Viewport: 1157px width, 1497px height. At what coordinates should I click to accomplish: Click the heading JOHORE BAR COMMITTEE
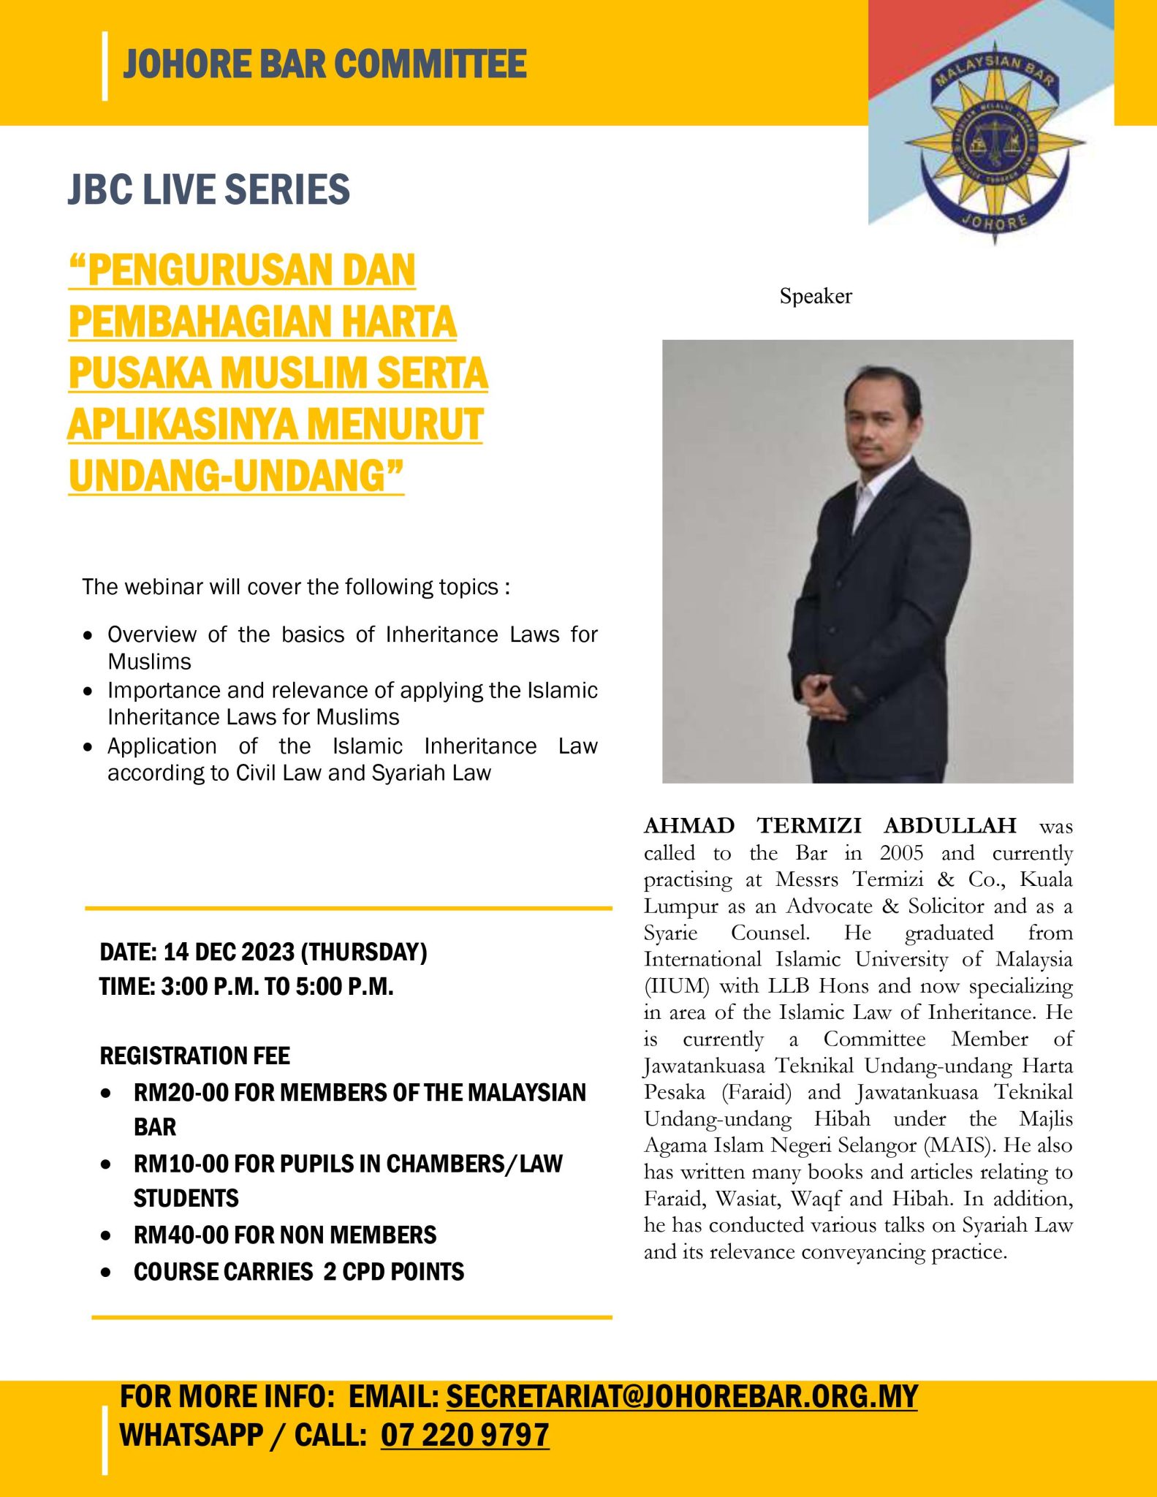[x=325, y=64]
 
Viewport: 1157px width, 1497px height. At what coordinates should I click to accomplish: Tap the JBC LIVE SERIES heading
[x=209, y=189]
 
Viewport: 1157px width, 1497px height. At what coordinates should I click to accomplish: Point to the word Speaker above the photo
[x=816, y=296]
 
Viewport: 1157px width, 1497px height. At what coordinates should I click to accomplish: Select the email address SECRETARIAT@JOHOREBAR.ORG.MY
[x=681, y=1397]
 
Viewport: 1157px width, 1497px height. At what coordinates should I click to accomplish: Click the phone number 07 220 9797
[x=465, y=1435]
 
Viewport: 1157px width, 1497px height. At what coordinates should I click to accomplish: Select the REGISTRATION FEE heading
[x=194, y=1056]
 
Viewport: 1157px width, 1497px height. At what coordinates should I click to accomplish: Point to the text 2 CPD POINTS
[x=393, y=1271]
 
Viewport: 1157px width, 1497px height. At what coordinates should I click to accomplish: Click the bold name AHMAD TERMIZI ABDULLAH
[x=830, y=825]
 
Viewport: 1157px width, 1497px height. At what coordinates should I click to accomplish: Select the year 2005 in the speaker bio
[x=901, y=853]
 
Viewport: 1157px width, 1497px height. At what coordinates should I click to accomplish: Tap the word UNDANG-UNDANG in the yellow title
[x=235, y=476]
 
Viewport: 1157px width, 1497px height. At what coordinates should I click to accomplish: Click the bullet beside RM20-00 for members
[x=107, y=1094]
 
